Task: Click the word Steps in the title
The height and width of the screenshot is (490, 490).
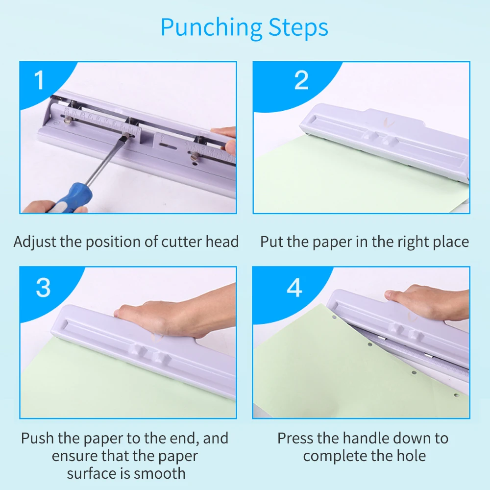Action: (298, 27)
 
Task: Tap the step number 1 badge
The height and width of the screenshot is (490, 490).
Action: (39, 80)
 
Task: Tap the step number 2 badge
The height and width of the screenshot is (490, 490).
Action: (301, 80)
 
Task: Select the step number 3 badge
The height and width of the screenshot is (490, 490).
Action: (43, 288)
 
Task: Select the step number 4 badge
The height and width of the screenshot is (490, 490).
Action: (294, 288)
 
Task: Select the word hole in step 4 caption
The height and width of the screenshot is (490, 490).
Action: (411, 456)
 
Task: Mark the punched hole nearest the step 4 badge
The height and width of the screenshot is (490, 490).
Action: (334, 318)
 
